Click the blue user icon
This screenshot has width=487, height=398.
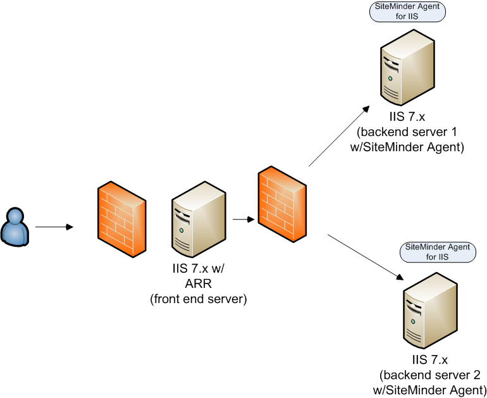15,226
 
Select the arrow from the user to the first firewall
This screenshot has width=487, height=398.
54,226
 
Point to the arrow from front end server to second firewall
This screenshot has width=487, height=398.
244,220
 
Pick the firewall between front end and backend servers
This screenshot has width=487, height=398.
282,204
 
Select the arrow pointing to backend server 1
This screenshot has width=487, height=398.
338,137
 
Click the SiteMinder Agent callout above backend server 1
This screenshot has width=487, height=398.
407,12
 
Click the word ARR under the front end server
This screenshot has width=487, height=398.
198,285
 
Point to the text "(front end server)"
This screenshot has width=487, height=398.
198,299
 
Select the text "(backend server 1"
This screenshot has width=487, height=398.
407,133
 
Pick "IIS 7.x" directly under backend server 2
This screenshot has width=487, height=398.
430,361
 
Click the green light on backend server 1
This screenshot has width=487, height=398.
391,79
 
